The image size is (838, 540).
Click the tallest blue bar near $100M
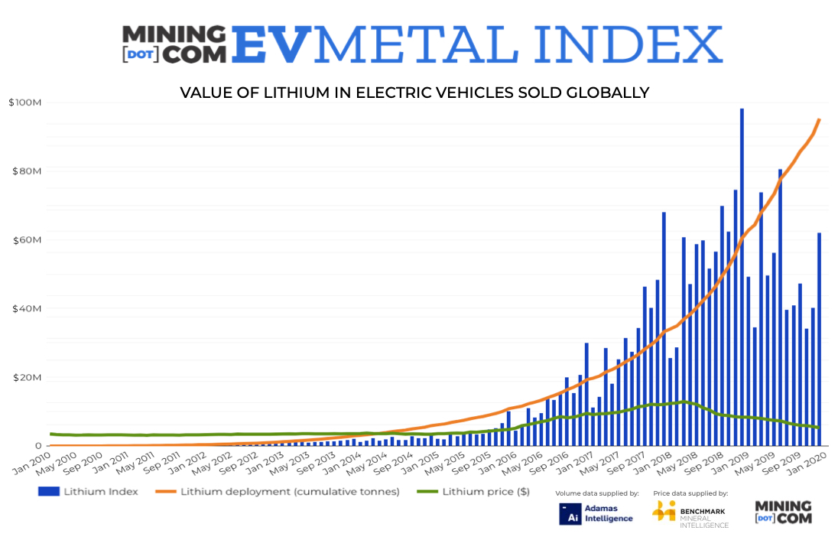tap(742, 275)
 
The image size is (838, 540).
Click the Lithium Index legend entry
tap(88, 492)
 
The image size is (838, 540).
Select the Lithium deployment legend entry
tap(279, 492)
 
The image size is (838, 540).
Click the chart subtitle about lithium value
tap(414, 93)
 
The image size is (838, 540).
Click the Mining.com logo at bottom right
tap(783, 512)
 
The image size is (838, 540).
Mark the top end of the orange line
tap(820, 119)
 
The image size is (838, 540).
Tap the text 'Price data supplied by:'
tap(690, 494)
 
